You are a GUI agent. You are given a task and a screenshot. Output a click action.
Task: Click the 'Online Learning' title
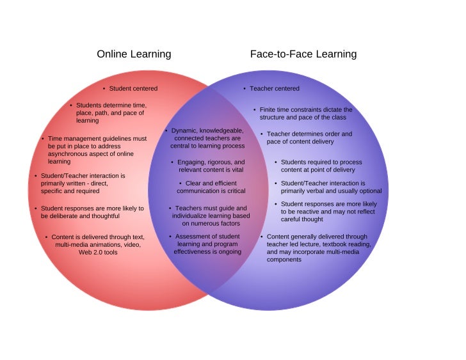[134, 54]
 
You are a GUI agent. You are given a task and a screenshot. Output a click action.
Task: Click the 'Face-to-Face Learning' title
[303, 54]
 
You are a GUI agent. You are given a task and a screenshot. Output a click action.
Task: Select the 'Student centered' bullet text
[133, 88]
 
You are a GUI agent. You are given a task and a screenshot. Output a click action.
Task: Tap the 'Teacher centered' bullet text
[274, 88]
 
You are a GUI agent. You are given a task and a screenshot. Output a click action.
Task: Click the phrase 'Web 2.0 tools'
[99, 252]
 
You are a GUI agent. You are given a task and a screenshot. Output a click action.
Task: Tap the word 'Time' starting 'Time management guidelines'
[55, 138]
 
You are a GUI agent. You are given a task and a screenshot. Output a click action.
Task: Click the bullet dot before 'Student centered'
[104, 88]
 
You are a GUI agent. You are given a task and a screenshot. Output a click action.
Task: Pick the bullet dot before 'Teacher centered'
[245, 88]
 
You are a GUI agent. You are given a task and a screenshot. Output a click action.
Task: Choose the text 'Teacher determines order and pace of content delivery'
[309, 137]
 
